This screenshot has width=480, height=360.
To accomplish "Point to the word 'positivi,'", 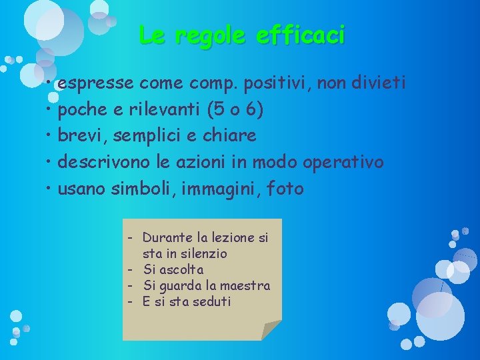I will (278, 84).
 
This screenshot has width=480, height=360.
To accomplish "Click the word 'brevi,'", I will (83, 136).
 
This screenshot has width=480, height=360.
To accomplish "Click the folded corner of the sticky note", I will (270, 329).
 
